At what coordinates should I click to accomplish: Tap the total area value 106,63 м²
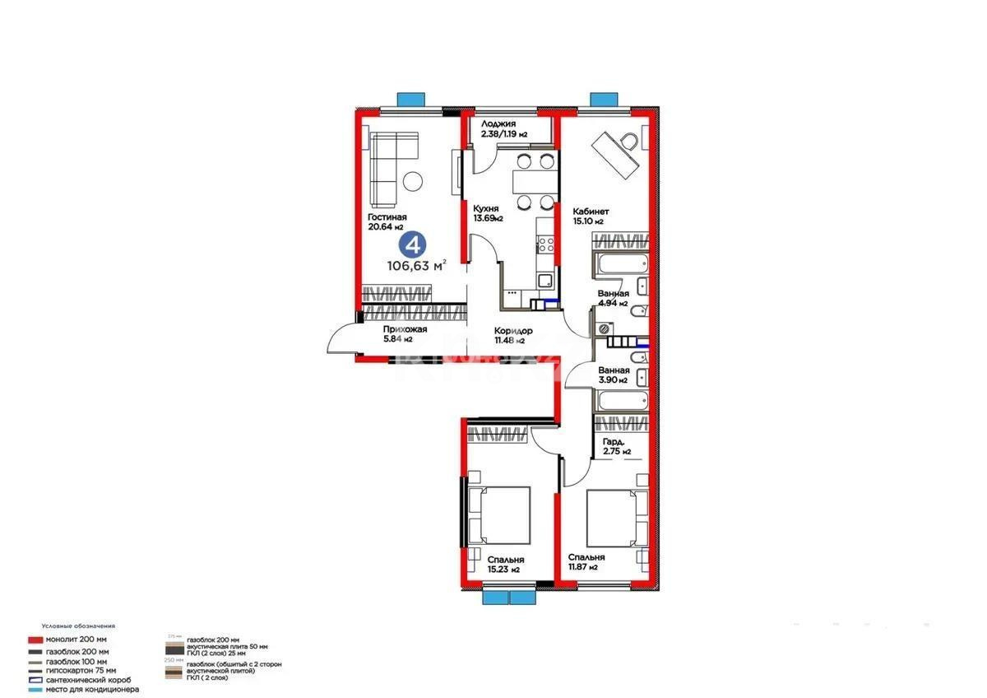point(417,265)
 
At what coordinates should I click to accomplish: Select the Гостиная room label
point(387,217)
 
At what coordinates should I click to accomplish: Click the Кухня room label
point(486,208)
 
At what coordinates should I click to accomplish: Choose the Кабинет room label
point(591,211)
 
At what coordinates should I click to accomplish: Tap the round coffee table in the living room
point(413,179)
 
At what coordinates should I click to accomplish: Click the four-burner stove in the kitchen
point(546,244)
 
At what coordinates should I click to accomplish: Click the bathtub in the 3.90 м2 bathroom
point(622,403)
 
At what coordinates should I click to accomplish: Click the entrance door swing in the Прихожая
point(341,337)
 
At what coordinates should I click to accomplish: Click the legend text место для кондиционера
point(91,689)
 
